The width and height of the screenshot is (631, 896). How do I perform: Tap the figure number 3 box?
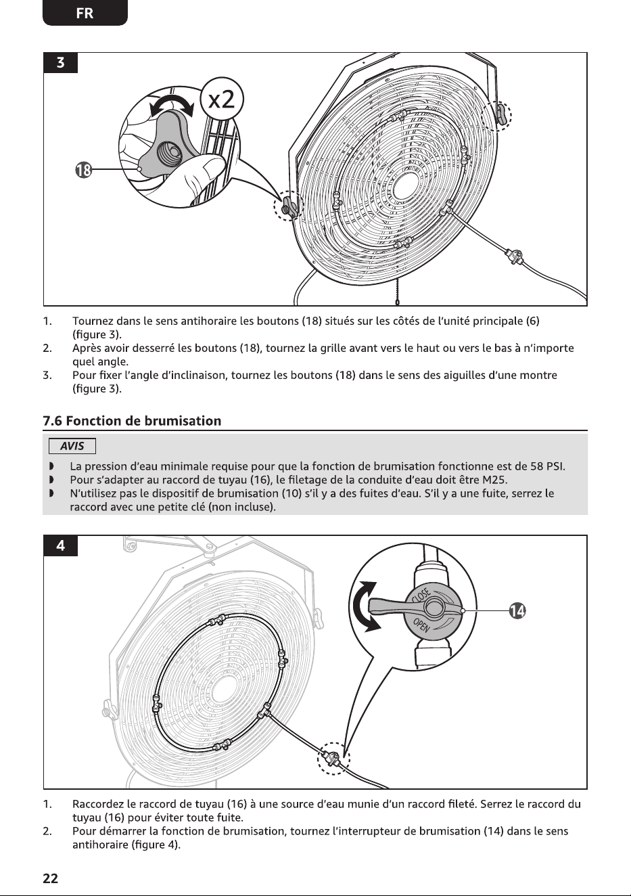[60, 63]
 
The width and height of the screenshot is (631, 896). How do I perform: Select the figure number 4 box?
[60, 545]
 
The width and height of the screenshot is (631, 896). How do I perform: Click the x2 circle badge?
[222, 99]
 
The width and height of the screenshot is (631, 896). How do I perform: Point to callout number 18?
[83, 171]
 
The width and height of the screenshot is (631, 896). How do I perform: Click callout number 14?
[517, 611]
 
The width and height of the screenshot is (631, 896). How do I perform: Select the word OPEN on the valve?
[421, 625]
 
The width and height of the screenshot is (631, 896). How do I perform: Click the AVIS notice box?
[72, 446]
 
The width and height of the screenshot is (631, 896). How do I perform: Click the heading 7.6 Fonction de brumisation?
[132, 421]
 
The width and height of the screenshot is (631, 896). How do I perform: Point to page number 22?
[50, 878]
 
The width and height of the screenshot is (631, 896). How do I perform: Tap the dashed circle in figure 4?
[334, 759]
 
